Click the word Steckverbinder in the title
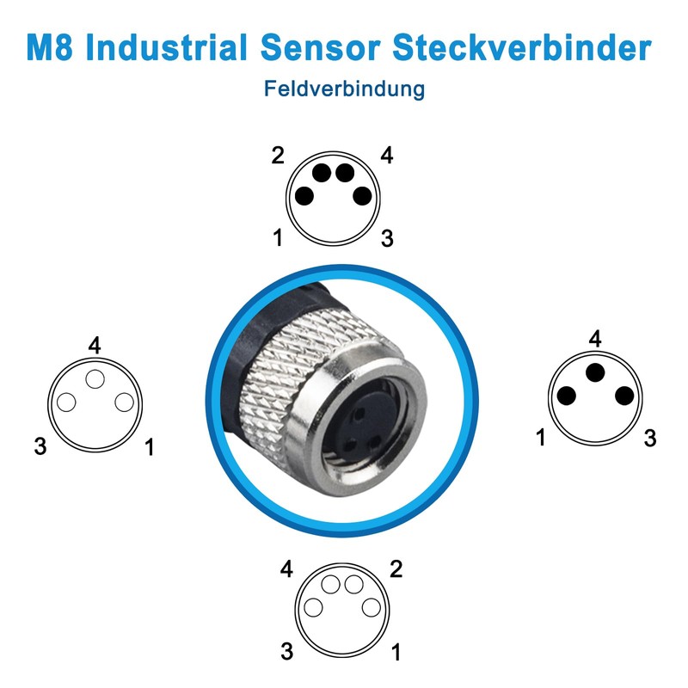coord(523,47)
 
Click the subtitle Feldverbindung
coord(344,89)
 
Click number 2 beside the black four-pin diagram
coord(278,156)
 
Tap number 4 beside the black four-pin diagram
coord(387,156)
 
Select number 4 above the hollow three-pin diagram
coord(95,346)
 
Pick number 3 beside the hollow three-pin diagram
coord(40,446)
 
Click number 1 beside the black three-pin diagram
coord(541,438)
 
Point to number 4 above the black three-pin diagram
coord(595,339)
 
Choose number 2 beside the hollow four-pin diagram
coord(396,568)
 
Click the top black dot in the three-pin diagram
coord(595,373)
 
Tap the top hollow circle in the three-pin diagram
coord(95,380)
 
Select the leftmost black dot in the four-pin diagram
coord(304,195)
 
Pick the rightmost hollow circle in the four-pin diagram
coord(372,607)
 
